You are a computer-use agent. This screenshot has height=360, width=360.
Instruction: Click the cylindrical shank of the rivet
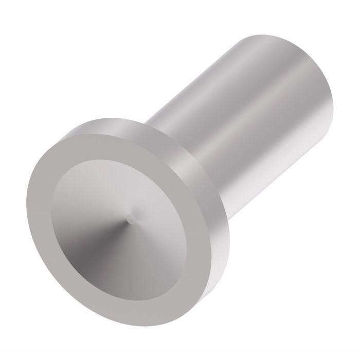click(x=247, y=113)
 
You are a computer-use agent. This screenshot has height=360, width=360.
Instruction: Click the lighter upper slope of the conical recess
click(x=118, y=185)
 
